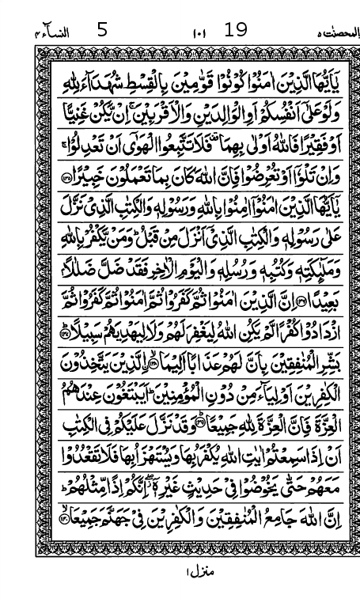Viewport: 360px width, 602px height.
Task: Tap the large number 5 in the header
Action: (102, 30)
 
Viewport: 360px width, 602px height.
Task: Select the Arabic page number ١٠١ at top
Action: (198, 33)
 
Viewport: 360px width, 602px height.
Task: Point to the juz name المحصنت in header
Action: (331, 33)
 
